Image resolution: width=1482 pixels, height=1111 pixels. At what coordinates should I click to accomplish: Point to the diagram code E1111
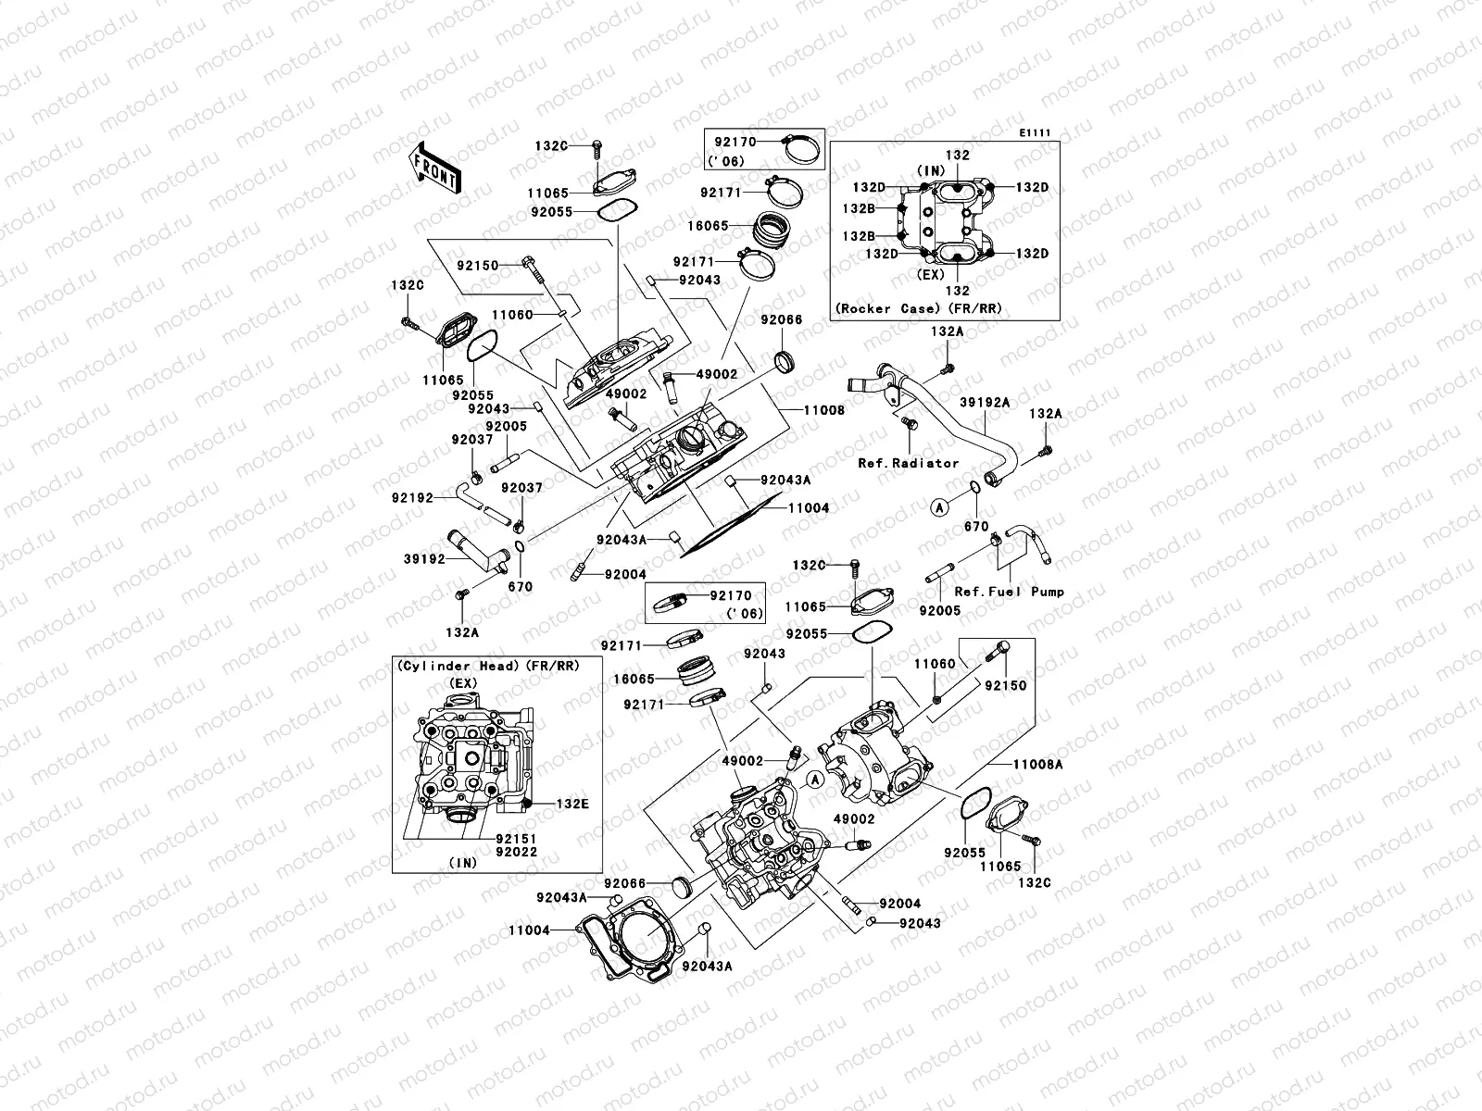click(x=1036, y=133)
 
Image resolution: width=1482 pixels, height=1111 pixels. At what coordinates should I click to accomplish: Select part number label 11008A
click(x=1036, y=766)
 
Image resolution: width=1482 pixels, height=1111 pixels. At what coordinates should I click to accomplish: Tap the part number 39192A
click(x=985, y=403)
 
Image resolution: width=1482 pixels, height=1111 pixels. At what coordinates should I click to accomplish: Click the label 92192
click(x=411, y=497)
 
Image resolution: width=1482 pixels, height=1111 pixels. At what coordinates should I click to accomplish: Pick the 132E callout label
click(x=571, y=804)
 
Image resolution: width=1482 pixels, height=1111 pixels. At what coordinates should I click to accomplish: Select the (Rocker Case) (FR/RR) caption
click(x=918, y=308)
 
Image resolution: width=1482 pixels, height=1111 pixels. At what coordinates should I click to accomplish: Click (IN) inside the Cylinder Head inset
click(x=463, y=862)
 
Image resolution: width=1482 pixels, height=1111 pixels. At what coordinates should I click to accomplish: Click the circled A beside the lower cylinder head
click(x=815, y=780)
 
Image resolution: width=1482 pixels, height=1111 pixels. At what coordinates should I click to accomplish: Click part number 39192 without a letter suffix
click(x=423, y=559)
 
